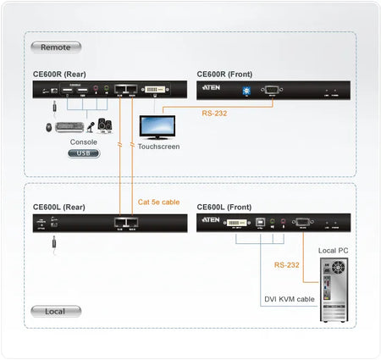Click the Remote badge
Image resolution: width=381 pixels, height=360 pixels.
55,47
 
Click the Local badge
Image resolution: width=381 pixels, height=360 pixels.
55,311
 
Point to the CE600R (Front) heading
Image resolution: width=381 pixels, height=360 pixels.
224,74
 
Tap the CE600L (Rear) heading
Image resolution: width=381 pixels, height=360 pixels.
58,206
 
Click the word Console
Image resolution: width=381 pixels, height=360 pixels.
82,142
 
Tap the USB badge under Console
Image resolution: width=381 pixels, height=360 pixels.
82,154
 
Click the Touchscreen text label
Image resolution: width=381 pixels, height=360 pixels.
158,147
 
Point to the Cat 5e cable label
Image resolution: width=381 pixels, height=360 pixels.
157,202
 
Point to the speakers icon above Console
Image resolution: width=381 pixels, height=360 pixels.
105,125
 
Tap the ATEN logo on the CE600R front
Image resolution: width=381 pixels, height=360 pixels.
211,87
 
